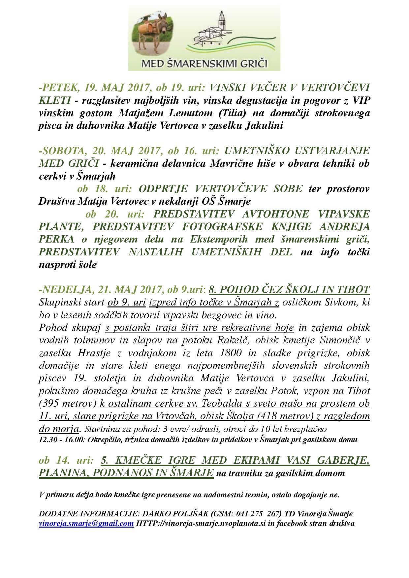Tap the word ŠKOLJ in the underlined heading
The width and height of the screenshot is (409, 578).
tap(305, 289)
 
